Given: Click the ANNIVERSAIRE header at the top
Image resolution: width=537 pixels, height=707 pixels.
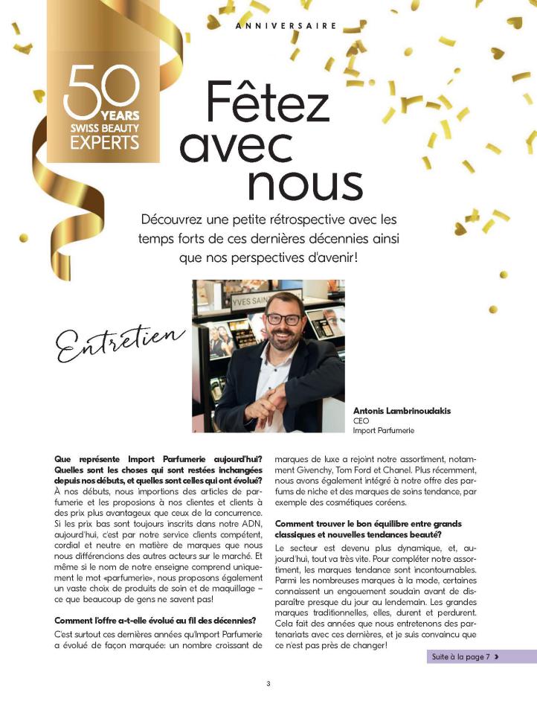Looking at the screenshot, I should pos(286,25).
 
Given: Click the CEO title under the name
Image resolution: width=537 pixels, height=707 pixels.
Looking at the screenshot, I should pos(360,420).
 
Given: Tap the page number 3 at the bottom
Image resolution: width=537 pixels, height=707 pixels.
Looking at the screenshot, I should pos(268,684).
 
